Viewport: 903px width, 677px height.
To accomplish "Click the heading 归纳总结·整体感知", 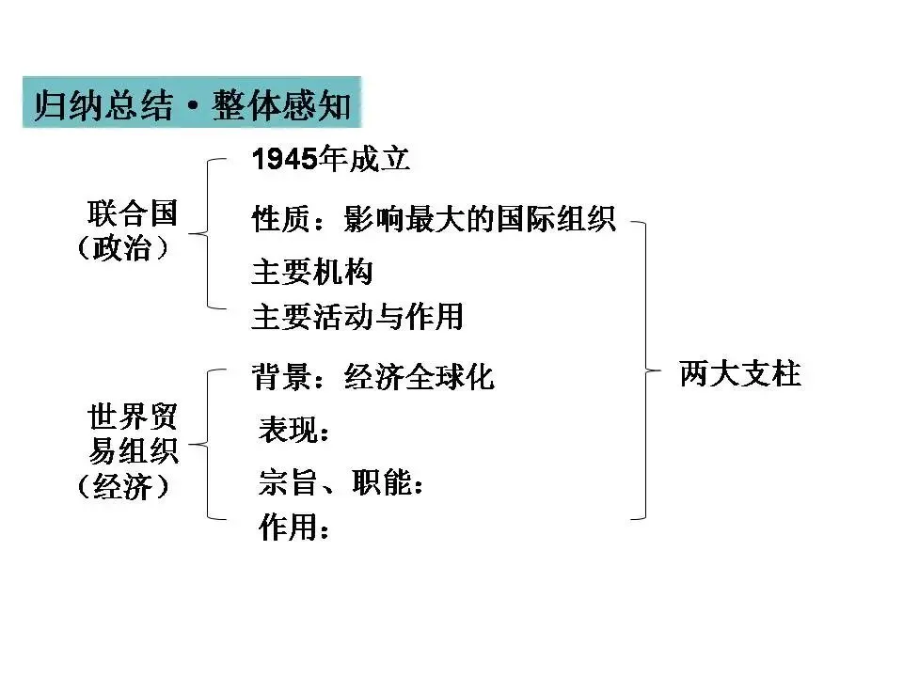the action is point(192,104).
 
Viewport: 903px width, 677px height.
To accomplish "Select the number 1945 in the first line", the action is point(285,160).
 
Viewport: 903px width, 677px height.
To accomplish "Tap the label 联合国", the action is point(132,213).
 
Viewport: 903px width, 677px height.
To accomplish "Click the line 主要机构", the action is point(312,272).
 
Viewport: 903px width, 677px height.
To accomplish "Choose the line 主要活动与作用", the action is point(357,316).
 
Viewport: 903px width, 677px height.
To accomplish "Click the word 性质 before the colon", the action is point(275,220).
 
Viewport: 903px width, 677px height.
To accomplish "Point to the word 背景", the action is point(275,376).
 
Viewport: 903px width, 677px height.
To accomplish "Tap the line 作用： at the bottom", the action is point(294,528).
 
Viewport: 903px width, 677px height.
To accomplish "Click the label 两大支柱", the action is point(739,374).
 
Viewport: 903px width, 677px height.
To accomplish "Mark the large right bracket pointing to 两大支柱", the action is point(645,370).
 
